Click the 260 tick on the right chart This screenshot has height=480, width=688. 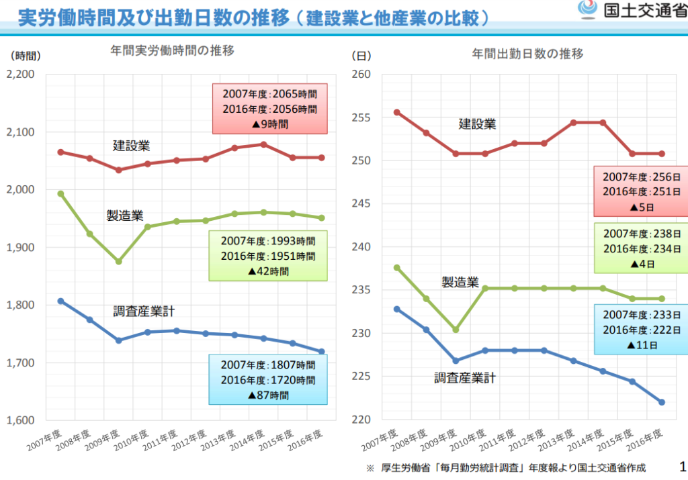coord(362,74)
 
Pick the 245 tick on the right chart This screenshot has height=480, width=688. coord(362,204)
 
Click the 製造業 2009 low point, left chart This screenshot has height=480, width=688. coord(119,261)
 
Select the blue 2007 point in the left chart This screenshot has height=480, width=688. coord(60,301)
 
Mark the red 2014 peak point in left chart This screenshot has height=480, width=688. coord(263,144)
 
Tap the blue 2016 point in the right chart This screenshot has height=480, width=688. coord(662,402)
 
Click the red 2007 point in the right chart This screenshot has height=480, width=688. coord(396,112)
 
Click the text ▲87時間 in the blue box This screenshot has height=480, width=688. coord(267,395)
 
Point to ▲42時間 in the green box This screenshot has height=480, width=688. coord(267,271)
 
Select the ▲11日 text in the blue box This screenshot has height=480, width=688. coord(642,345)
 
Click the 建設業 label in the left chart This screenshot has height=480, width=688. coord(131,145)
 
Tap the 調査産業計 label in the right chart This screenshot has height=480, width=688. coord(465,378)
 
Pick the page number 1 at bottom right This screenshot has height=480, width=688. coord(683,466)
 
